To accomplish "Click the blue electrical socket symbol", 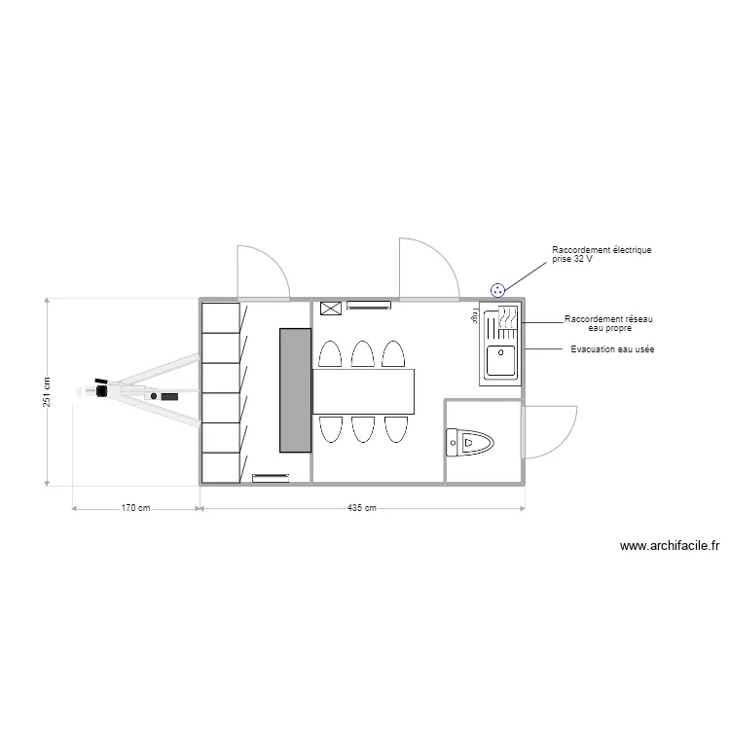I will coord(498,289).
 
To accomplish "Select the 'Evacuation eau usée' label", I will coord(611,348).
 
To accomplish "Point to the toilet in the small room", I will coord(470,444).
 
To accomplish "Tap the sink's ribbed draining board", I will coord(506,321).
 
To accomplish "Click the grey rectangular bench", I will coord(295,389).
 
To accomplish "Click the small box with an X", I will coord(330,309).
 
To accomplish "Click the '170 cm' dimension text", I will coord(135,508).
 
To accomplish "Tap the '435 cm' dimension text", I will coord(362,508).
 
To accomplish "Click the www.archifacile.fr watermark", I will coord(669,548).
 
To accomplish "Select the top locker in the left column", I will coord(220,317).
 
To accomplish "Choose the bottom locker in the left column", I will coord(220,468).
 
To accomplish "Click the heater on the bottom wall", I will coord(271,477).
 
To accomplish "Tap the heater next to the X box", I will coord(369,307).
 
